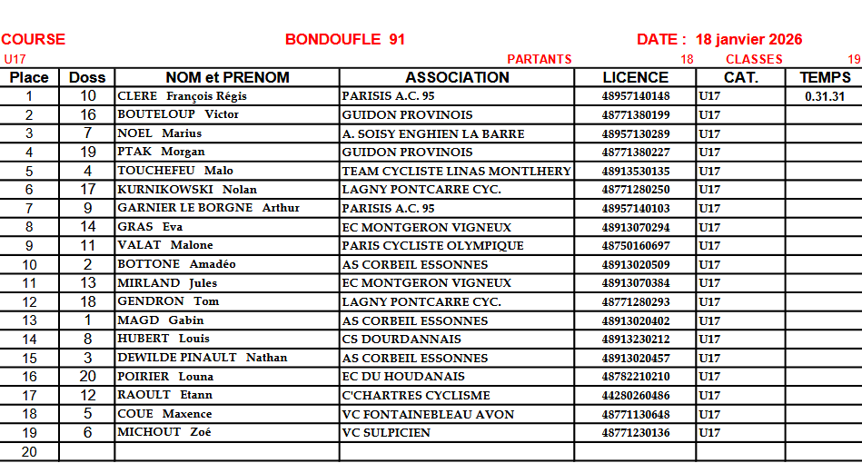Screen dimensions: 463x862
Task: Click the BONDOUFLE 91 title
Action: [x=345, y=39]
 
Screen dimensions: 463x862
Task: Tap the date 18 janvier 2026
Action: [x=748, y=39]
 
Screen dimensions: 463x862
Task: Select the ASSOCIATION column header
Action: [x=457, y=77]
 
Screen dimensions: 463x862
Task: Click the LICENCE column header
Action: [x=635, y=77]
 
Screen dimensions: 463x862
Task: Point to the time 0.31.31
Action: [x=825, y=96]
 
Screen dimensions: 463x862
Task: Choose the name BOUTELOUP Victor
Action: [x=178, y=114]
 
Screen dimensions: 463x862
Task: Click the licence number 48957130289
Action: [x=635, y=133]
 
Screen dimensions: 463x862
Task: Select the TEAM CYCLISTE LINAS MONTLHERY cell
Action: [x=456, y=171]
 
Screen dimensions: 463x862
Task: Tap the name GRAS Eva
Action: [x=150, y=227]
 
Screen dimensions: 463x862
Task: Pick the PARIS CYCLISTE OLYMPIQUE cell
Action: [x=432, y=245]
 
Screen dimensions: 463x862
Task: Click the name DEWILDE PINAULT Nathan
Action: [x=202, y=358]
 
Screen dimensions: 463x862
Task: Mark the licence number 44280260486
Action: [x=635, y=395]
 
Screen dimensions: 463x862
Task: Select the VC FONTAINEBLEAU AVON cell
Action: [x=428, y=414]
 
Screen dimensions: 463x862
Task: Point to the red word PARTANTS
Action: [x=540, y=59]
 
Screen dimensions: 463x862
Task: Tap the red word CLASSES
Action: [x=753, y=59]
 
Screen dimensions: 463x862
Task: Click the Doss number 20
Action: [x=87, y=377]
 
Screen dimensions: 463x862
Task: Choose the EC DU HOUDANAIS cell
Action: [x=403, y=377]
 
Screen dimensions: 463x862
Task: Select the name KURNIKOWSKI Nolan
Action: [x=187, y=190]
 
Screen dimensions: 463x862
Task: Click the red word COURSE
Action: [x=34, y=39]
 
